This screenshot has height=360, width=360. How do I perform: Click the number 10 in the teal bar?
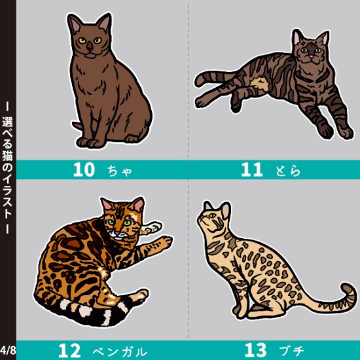(x=84, y=170)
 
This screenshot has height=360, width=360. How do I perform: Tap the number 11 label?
(x=251, y=170)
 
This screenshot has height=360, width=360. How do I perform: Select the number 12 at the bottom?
(x=73, y=350)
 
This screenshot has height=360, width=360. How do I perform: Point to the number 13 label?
(x=256, y=350)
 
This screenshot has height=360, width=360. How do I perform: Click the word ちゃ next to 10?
(x=120, y=171)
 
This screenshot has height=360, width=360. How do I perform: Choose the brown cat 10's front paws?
(x=92, y=141)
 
